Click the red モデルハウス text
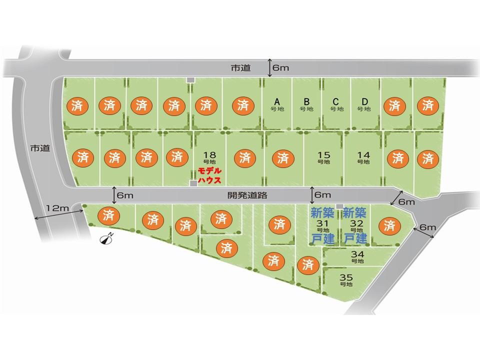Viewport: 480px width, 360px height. point(209,175)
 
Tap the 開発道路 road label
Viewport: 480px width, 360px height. point(247,195)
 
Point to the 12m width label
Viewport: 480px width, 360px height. point(57,208)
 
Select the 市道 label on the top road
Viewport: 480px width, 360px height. point(240,68)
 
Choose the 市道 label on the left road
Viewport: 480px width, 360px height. point(40,148)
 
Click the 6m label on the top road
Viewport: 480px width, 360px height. point(280,67)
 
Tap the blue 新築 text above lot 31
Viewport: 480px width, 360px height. point(322,212)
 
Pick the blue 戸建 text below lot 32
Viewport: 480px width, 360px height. point(355,238)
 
